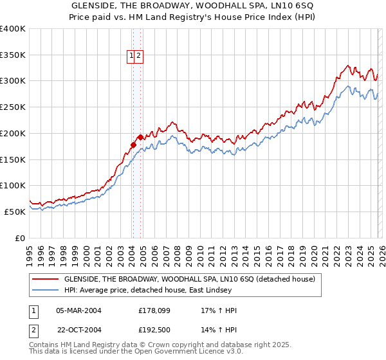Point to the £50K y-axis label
pyautogui.click(x=15, y=212)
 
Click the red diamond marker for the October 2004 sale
pyautogui.click(x=140, y=137)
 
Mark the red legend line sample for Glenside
pyautogui.click(x=44, y=280)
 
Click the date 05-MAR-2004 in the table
pyautogui.click(x=78, y=310)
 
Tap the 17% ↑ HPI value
pyautogui.click(x=219, y=310)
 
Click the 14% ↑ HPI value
pyautogui.click(x=219, y=330)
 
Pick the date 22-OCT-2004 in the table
pyautogui.click(x=78, y=330)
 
